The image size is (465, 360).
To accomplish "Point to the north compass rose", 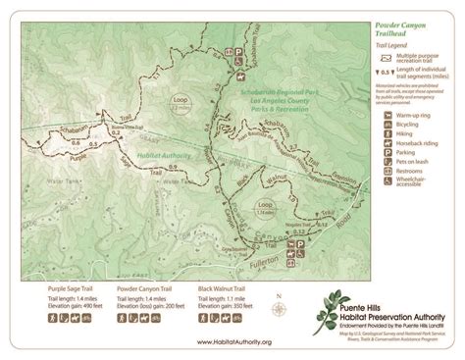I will point(280,310).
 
